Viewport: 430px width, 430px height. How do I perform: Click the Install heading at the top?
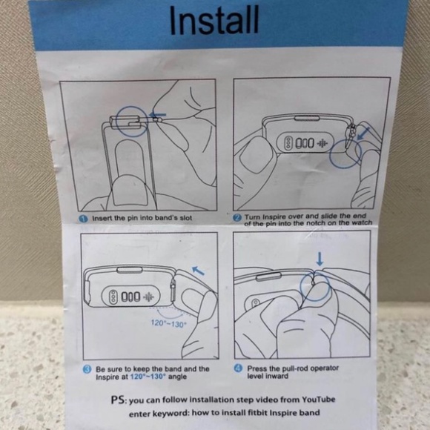tap(214, 20)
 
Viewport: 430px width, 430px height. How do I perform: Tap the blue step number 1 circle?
tap(83, 219)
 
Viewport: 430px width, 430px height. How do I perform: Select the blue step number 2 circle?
tap(237, 218)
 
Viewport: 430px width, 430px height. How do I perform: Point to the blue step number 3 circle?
tap(87, 369)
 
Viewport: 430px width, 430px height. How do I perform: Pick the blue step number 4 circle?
tap(238, 368)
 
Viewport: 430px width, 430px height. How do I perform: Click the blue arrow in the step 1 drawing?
tap(157, 115)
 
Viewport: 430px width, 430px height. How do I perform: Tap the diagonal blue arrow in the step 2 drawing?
tap(363, 133)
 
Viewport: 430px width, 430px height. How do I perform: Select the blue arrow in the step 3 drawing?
tap(198, 271)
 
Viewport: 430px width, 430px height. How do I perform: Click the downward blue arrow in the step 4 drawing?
tap(320, 259)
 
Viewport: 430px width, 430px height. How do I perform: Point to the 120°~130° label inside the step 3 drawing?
tap(169, 323)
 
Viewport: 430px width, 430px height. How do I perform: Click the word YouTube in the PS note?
tap(318, 400)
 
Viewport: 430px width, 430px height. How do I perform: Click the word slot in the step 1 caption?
tap(185, 218)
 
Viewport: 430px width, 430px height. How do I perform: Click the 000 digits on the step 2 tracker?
tap(305, 143)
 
